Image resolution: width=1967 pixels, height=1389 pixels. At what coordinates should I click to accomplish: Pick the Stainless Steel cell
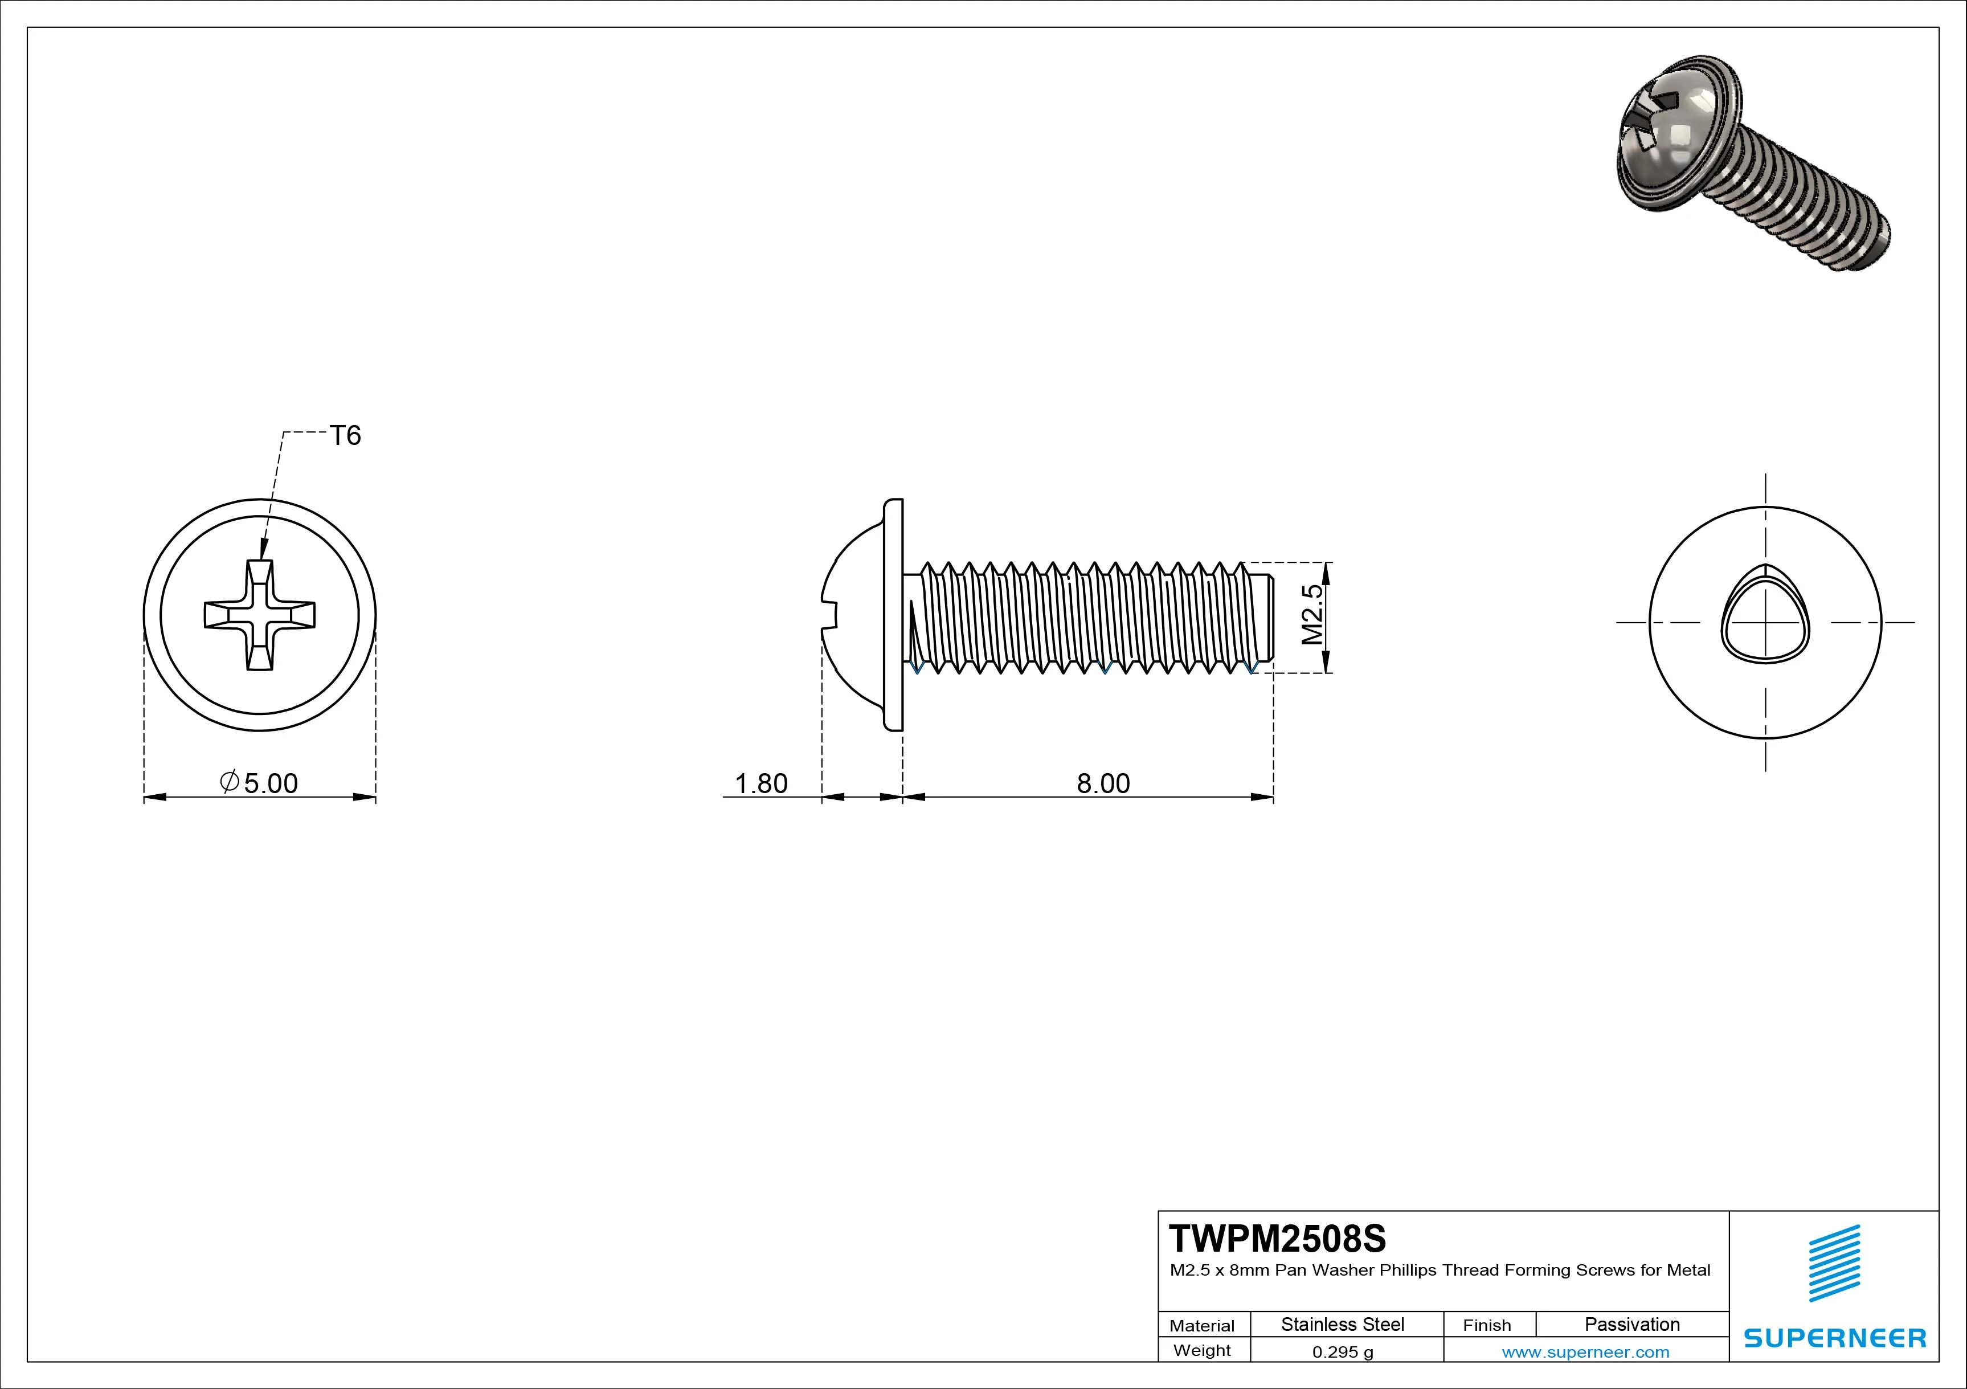pyautogui.click(x=1343, y=1325)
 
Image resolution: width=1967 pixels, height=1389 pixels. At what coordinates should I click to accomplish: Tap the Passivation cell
pyautogui.click(x=1632, y=1325)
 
